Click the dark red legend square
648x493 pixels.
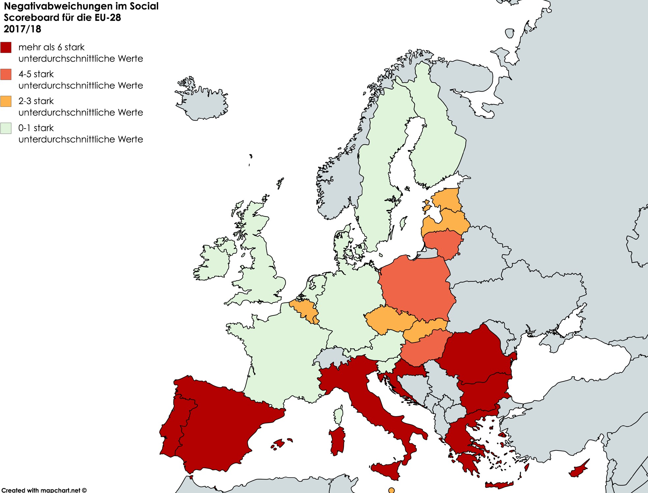pyautogui.click(x=6, y=47)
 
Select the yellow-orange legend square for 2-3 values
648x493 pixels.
pyautogui.click(x=6, y=101)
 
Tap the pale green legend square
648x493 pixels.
pyautogui.click(x=6, y=128)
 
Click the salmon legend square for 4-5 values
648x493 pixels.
pyautogui.click(x=6, y=74)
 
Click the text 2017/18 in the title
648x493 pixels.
pyautogui.click(x=22, y=29)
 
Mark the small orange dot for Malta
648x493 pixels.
pyautogui.click(x=391, y=490)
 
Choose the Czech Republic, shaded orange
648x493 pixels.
pyautogui.click(x=389, y=320)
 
